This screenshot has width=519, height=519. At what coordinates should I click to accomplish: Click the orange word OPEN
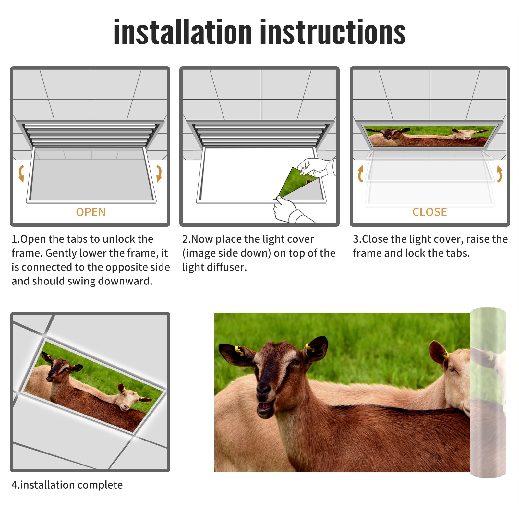point(91,212)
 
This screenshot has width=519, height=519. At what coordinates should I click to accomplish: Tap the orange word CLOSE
point(429,212)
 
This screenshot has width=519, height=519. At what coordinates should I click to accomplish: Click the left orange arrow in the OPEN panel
point(21,174)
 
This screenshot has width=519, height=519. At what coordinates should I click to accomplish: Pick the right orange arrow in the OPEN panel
point(159,174)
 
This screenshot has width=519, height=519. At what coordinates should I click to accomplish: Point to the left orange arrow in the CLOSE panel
point(360,174)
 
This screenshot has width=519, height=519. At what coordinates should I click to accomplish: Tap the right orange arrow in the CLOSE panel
point(500,174)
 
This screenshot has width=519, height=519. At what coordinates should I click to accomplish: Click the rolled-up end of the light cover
point(488,392)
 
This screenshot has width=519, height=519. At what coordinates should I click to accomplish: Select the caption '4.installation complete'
point(67,485)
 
